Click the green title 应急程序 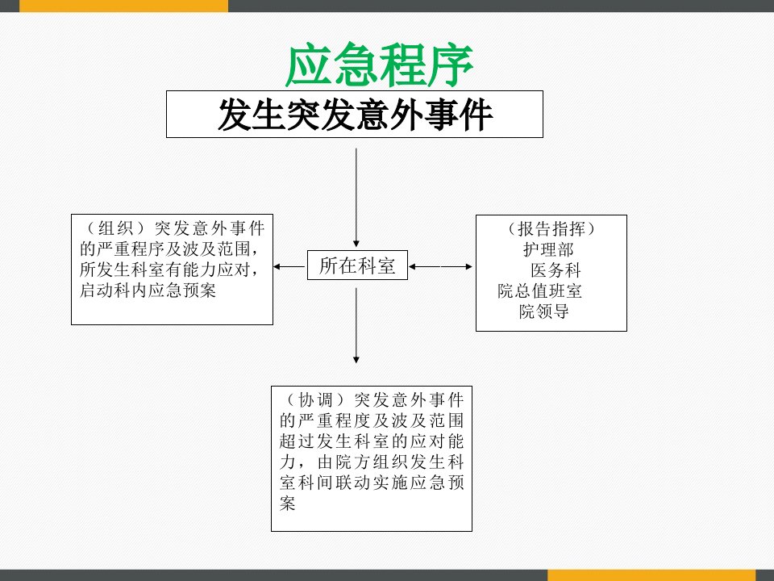pyautogui.click(x=379, y=65)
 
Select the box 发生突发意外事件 pyautogui.click(x=355, y=114)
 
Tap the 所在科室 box pyautogui.click(x=357, y=265)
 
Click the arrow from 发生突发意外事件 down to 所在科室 pyautogui.click(x=356, y=198)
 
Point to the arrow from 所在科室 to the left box pyautogui.click(x=289, y=267)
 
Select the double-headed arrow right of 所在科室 pyautogui.click(x=440, y=267)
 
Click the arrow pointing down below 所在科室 pyautogui.click(x=356, y=326)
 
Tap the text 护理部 pyautogui.click(x=548, y=249)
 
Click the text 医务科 pyautogui.click(x=556, y=270)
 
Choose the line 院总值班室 pyautogui.click(x=539, y=291)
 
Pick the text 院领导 pyautogui.click(x=544, y=311)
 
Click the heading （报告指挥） pyautogui.click(x=551, y=228)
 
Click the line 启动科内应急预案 pyautogui.click(x=148, y=290)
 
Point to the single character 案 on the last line pyautogui.click(x=287, y=504)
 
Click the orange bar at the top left pyautogui.click(x=124, y=6)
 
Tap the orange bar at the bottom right pyautogui.click(x=651, y=575)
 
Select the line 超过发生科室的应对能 pyautogui.click(x=372, y=441)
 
